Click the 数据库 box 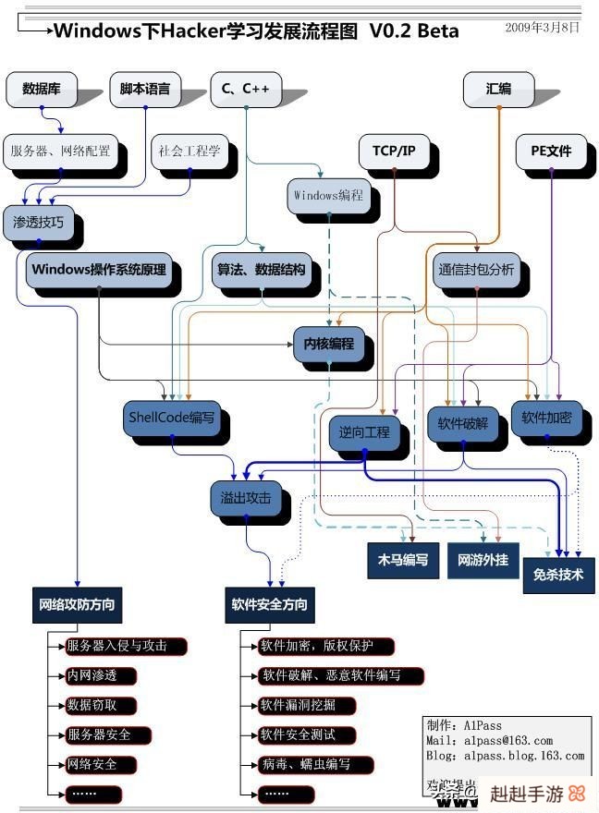click(42, 89)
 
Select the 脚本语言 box click(145, 89)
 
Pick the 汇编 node click(498, 89)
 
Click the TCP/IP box click(395, 151)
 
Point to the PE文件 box click(551, 151)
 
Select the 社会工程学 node click(189, 151)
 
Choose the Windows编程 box click(328, 196)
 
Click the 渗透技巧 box click(39, 223)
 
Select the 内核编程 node click(329, 343)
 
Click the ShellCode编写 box click(172, 418)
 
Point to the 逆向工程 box click(364, 431)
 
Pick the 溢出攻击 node click(246, 498)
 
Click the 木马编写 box click(402, 560)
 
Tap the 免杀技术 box click(558, 573)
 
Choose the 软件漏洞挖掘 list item click(298, 705)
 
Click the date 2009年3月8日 click(543, 28)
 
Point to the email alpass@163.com click(508, 740)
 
